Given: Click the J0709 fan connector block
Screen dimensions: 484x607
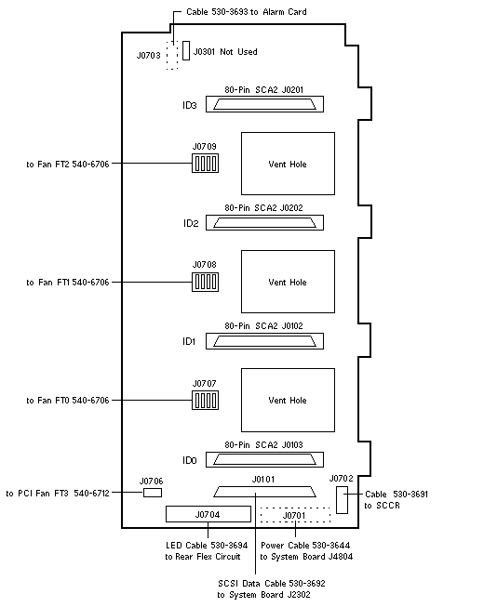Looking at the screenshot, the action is [x=205, y=163].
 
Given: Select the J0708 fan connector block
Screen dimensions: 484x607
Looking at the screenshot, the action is [x=205, y=282].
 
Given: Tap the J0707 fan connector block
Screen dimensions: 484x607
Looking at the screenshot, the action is [x=205, y=400].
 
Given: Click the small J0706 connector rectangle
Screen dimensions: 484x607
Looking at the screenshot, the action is [x=153, y=493].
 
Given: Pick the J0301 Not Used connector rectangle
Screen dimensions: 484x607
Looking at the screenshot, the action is [x=186, y=51].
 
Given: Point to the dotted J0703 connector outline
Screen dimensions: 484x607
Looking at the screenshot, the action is [x=172, y=56].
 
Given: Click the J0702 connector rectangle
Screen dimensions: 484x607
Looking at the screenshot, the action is [x=342, y=500].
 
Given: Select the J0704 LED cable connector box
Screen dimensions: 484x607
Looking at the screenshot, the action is [x=208, y=514].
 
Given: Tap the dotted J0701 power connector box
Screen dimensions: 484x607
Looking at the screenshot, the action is [x=295, y=515].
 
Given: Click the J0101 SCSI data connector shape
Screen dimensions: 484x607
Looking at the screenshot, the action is [x=264, y=492].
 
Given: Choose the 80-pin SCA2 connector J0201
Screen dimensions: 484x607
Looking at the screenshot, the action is [x=264, y=104].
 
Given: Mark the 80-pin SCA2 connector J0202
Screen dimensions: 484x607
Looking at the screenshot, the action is [x=264, y=222].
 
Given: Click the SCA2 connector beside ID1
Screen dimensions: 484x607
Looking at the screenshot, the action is [x=264, y=341].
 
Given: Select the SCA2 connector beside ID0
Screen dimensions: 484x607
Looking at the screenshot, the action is [x=264, y=459].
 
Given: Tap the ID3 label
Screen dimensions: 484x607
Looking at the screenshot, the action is [x=190, y=105].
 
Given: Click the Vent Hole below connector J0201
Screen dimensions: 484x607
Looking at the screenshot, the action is [x=288, y=164].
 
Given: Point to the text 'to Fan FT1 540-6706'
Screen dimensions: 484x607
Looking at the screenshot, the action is [x=68, y=283].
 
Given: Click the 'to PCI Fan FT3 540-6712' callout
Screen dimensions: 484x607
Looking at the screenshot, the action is [x=58, y=494].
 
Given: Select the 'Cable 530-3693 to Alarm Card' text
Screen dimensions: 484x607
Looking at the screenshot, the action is [x=247, y=11].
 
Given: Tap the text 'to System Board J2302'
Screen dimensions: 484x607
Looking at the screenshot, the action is [x=263, y=595].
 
